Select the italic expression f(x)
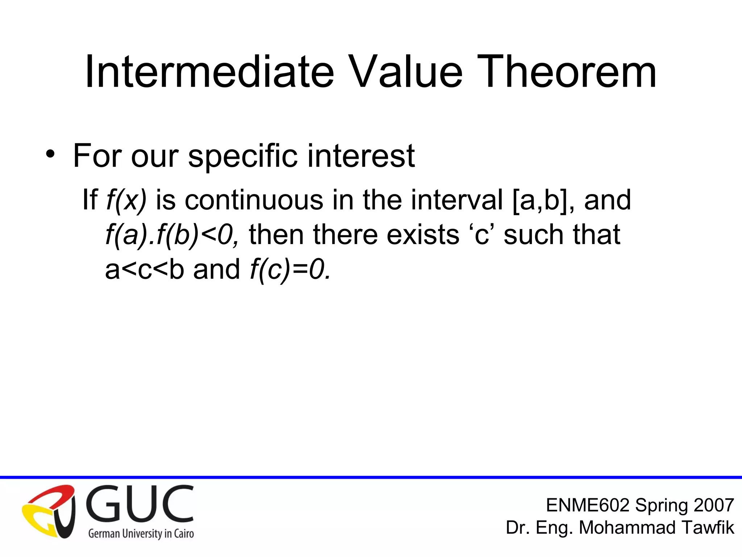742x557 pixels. pyautogui.click(x=126, y=200)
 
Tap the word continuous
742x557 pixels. pyautogui.click(x=254, y=200)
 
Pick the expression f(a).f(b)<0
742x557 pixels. pyautogui.click(x=172, y=235)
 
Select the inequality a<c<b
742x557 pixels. pyautogui.click(x=145, y=269)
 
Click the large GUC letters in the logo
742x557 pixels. pyautogui.click(x=139, y=505)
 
